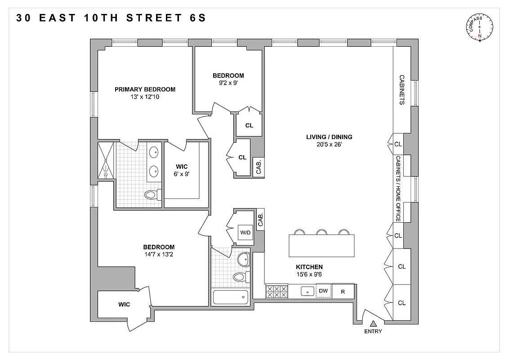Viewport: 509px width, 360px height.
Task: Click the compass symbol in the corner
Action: pyautogui.click(x=480, y=28)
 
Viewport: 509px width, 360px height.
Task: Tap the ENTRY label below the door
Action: pyautogui.click(x=373, y=332)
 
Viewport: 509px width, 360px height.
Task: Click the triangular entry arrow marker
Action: pyautogui.click(x=373, y=323)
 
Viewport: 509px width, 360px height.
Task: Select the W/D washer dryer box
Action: pyautogui.click(x=245, y=233)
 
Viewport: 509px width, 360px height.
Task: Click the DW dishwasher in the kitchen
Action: pyautogui.click(x=323, y=291)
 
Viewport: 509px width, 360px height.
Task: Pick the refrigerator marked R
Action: pyautogui.click(x=343, y=292)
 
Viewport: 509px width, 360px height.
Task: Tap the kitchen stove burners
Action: pyautogui.click(x=277, y=292)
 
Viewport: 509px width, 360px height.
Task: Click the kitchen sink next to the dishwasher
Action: pyautogui.click(x=308, y=292)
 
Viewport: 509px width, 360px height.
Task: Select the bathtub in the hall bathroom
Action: pyautogui.click(x=230, y=297)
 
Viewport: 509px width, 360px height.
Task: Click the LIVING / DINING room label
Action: pyautogui.click(x=329, y=137)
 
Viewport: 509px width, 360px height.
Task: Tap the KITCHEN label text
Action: pyautogui.click(x=309, y=267)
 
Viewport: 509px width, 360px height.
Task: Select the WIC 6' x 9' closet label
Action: pyautogui.click(x=182, y=170)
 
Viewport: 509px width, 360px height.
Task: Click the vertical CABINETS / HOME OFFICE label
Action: pyautogui.click(x=398, y=189)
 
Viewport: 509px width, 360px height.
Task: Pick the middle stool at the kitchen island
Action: pyautogui.click(x=321, y=232)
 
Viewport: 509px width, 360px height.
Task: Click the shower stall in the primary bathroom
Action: pyautogui.click(x=107, y=160)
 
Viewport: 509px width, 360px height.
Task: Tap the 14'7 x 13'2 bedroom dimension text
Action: pyautogui.click(x=158, y=254)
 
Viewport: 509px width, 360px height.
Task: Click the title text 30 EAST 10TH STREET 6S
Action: pyautogui.click(x=111, y=18)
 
